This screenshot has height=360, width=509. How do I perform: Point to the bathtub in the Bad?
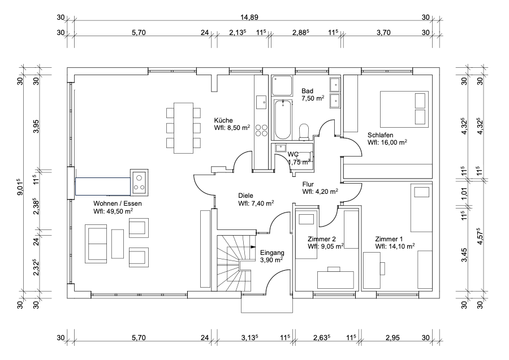[x=281, y=118]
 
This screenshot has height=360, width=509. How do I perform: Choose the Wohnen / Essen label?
[x=113, y=207]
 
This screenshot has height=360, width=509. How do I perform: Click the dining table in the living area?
[x=183, y=127]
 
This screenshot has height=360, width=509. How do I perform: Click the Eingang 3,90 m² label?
[x=271, y=257]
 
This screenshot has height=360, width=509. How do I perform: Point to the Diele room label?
[x=256, y=199]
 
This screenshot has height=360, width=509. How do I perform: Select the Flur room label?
[x=320, y=188]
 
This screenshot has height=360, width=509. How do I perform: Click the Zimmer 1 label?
[x=395, y=242]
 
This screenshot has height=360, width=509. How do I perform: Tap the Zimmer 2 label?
[x=326, y=242]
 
